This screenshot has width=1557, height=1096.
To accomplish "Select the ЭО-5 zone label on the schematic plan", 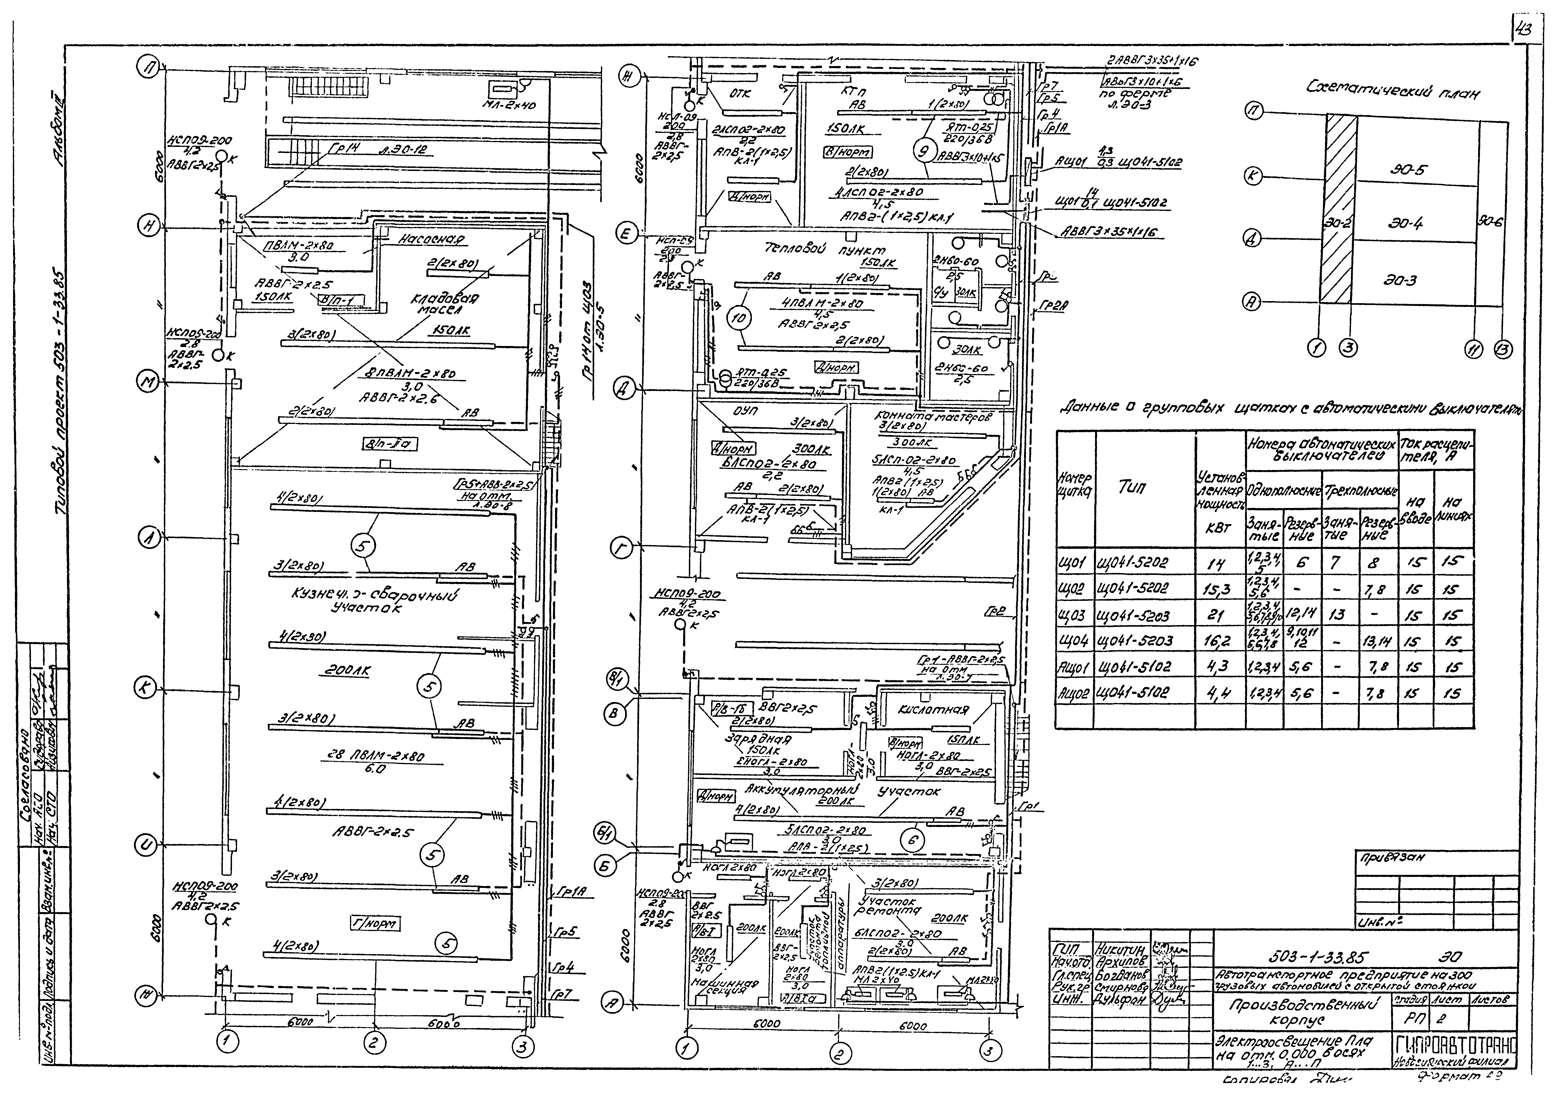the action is pyautogui.click(x=1408, y=169).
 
